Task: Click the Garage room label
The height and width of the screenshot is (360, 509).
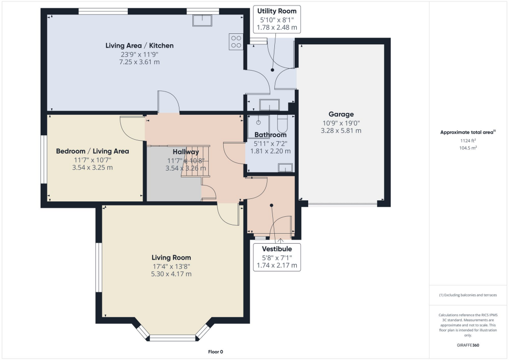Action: tap(341, 114)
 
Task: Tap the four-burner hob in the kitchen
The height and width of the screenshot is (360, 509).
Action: tap(236, 41)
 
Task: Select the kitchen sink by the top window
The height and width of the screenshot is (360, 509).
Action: tap(204, 20)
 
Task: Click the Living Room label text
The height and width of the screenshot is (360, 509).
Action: tap(171, 258)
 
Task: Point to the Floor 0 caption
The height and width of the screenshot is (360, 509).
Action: tap(216, 352)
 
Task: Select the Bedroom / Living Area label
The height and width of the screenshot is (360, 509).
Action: tap(92, 151)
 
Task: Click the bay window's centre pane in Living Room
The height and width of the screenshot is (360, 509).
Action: tap(172, 338)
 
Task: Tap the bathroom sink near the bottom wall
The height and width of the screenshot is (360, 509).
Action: tap(285, 168)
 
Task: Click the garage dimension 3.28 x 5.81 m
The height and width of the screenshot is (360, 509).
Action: tap(341, 131)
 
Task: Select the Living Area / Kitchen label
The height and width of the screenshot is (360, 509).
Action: tap(140, 46)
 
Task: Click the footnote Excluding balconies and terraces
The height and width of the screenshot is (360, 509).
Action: tap(468, 295)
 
